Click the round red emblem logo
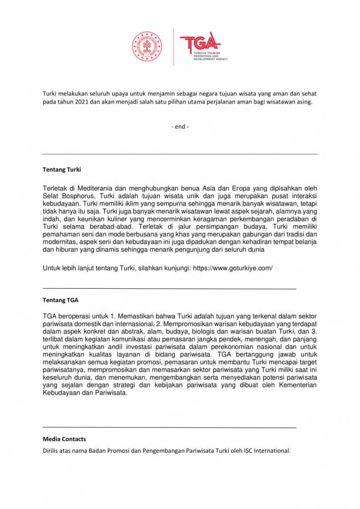pyautogui.click(x=147, y=47)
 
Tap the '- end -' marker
pyautogui.click(x=180, y=126)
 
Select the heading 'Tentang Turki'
pyautogui.click(x=62, y=170)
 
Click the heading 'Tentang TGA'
pyautogui.click(x=60, y=300)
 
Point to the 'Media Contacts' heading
pyautogui.click(x=64, y=439)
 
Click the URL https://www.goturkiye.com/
pyautogui.click(x=232, y=268)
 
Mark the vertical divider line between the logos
pyautogui.click(x=174, y=47)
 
